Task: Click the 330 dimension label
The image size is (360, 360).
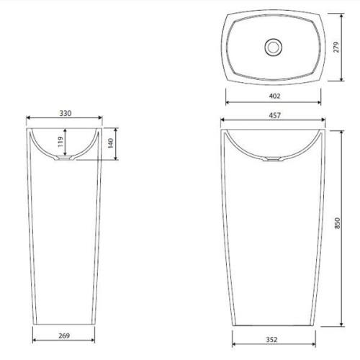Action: tap(66, 113)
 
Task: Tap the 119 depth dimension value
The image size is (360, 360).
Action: tap(60, 142)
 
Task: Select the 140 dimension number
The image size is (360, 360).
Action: tap(110, 143)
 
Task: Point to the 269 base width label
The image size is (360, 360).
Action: tap(64, 336)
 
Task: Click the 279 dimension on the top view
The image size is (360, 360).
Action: tap(336, 47)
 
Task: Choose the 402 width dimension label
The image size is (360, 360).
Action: tap(274, 96)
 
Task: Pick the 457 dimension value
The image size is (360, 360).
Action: tap(274, 115)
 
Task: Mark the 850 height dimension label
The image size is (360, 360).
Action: tap(337, 223)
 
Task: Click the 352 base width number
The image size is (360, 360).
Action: tap(271, 340)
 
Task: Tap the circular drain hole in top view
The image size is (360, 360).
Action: tap(273, 48)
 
